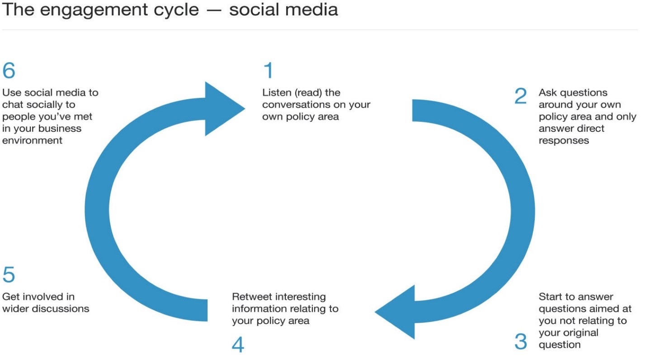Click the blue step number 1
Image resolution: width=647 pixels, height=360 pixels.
269,70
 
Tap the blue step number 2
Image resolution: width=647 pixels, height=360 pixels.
520,96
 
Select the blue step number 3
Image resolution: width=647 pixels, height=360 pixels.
521,341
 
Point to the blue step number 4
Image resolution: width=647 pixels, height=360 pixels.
238,345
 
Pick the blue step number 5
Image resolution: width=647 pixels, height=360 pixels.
9,274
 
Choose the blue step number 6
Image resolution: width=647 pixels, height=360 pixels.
9,70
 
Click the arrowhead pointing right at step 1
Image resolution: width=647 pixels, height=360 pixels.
225,109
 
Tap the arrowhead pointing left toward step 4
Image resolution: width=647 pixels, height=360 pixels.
395,312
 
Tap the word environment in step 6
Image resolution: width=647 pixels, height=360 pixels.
32,140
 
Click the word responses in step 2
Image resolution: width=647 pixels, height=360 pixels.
563,141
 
